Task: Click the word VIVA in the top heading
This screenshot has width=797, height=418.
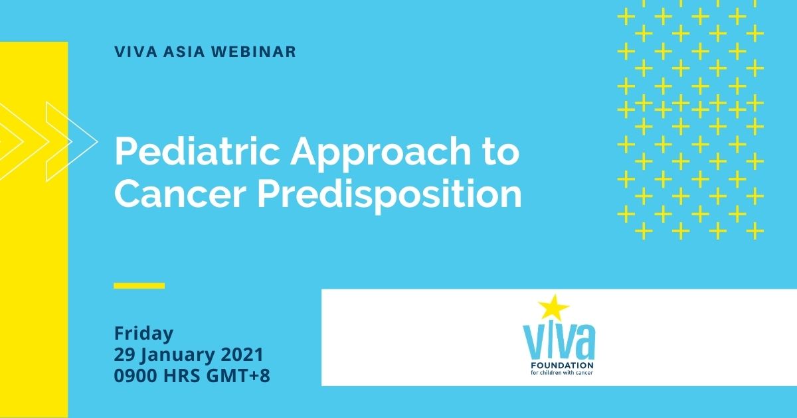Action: click(x=135, y=52)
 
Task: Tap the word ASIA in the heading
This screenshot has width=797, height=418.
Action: click(x=185, y=52)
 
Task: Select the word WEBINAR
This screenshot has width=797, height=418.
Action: click(x=254, y=52)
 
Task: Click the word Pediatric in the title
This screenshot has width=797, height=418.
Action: click(x=197, y=151)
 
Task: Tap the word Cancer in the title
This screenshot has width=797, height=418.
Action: click(x=181, y=193)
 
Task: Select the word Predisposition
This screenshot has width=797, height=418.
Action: click(x=390, y=196)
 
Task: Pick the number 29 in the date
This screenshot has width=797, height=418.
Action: click(x=124, y=355)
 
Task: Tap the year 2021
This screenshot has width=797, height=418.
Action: click(x=242, y=355)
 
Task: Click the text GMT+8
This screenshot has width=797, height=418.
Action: click(x=238, y=376)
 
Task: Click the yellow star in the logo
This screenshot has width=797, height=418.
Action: click(x=553, y=307)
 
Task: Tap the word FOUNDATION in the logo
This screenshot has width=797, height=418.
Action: click(x=562, y=366)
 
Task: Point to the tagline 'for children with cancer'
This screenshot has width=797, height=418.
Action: click(x=562, y=372)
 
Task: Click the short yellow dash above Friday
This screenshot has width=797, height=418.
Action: click(x=139, y=285)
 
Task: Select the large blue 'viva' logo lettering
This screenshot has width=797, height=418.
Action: click(x=559, y=341)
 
